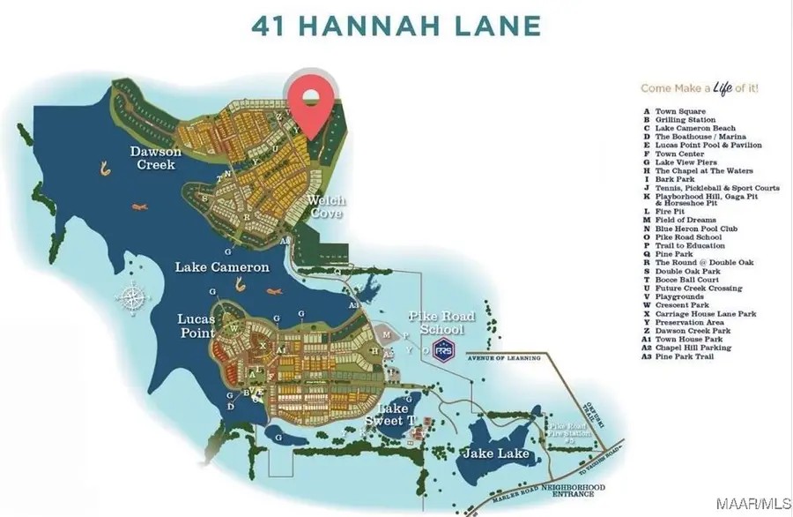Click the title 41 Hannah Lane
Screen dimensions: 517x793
(396, 26)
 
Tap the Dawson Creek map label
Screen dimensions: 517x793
(155, 158)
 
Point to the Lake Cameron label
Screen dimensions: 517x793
(221, 266)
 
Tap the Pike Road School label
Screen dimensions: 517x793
(441, 321)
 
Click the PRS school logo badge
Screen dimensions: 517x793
(446, 348)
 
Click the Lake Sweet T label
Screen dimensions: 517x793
(392, 415)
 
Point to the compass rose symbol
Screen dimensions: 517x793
(133, 297)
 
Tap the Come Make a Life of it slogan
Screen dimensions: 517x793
(700, 88)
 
